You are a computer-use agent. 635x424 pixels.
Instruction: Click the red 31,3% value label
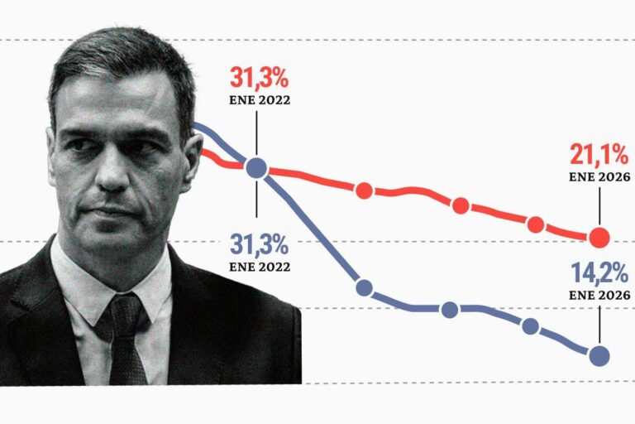(258, 80)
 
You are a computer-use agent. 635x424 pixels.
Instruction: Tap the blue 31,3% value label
(258, 245)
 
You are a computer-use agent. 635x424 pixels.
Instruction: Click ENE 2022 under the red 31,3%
(258, 102)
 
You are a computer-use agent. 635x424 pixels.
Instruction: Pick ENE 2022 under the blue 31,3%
(258, 267)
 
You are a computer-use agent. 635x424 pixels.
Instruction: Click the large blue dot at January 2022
(257, 168)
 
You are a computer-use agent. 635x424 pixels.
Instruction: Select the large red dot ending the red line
(600, 238)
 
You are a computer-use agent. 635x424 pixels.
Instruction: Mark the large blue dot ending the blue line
(600, 356)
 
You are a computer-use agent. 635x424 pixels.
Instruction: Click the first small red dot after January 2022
(364, 191)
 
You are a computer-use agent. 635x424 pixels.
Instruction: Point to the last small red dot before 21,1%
(536, 224)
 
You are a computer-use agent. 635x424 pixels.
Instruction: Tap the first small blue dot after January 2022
(364, 289)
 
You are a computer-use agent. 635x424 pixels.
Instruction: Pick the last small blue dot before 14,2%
(531, 326)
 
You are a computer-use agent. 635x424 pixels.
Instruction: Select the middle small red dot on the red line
(461, 205)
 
